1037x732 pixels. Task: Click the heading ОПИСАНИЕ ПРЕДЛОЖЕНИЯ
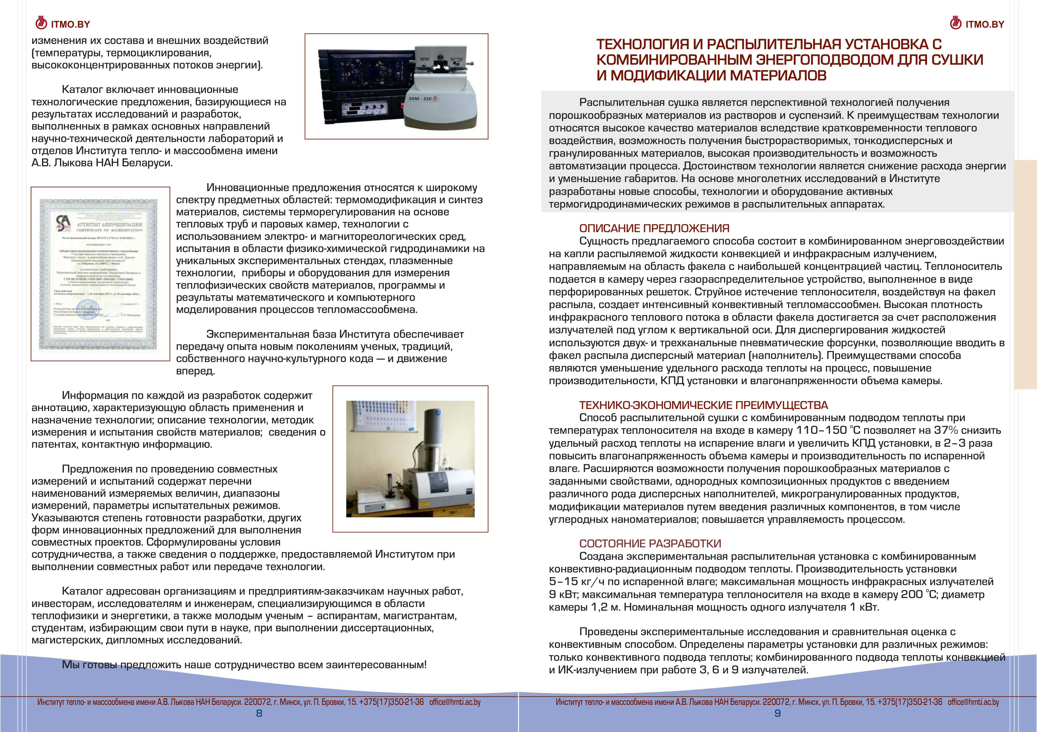point(654,229)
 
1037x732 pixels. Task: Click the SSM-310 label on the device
point(420,98)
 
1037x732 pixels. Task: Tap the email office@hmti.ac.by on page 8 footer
point(455,702)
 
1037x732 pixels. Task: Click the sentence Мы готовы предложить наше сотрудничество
point(244,665)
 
